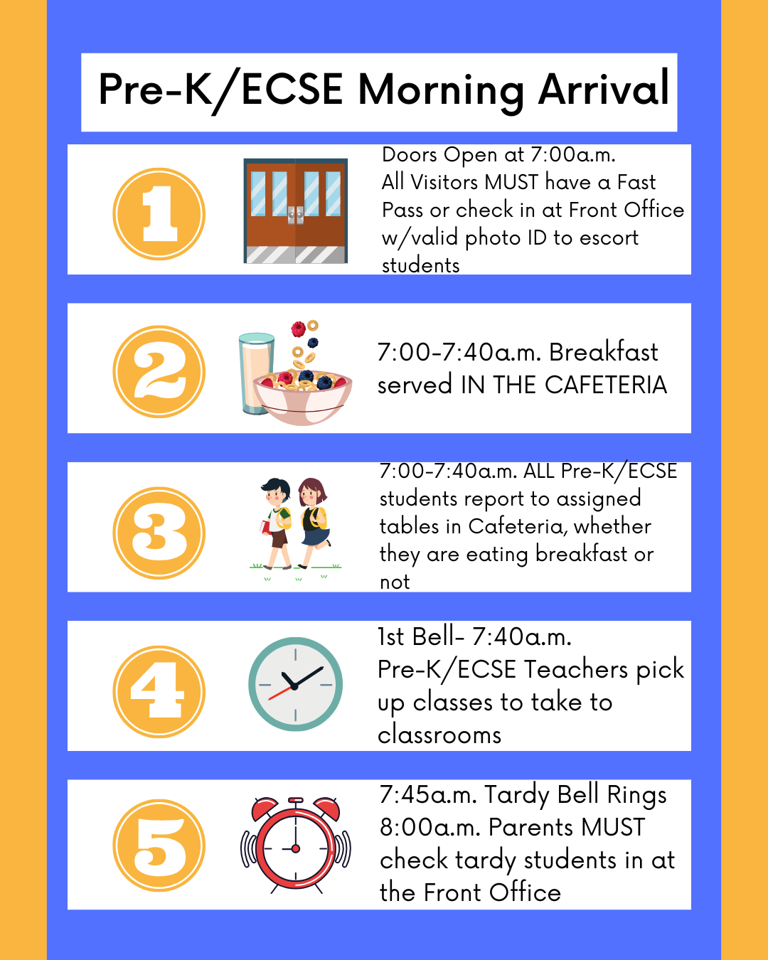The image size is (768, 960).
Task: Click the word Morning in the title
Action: click(x=441, y=91)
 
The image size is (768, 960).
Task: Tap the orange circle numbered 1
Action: click(x=159, y=213)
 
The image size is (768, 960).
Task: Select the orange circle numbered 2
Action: click(x=159, y=372)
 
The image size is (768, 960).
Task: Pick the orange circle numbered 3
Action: click(x=159, y=533)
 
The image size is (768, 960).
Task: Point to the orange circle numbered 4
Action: click(x=159, y=692)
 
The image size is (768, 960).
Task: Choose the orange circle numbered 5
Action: click(x=159, y=846)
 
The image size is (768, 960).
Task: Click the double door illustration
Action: click(x=295, y=211)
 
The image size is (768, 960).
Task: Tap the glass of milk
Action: click(x=256, y=373)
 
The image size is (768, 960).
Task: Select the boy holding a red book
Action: click(x=276, y=523)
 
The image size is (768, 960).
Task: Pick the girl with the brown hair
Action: click(x=314, y=523)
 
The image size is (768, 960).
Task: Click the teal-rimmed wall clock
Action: click(x=295, y=684)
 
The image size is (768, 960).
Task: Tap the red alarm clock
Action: click(x=295, y=846)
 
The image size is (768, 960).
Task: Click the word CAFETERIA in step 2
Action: click(x=606, y=385)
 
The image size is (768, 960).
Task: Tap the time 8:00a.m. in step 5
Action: click(x=430, y=828)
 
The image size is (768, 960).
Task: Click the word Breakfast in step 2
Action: click(x=603, y=352)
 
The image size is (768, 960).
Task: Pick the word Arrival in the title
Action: click(x=604, y=88)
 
